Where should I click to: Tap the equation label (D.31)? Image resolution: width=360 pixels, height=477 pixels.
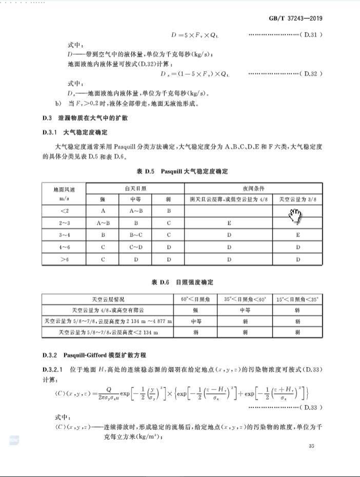[x=310, y=35]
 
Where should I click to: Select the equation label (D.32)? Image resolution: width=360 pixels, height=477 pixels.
[x=310, y=73]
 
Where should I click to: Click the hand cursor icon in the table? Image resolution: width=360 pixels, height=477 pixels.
[x=296, y=216]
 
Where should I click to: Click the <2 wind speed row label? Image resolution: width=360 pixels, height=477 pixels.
[x=64, y=211]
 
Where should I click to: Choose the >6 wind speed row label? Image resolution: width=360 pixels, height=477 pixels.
[x=64, y=260]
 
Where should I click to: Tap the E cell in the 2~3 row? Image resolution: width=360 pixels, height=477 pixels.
[x=229, y=222]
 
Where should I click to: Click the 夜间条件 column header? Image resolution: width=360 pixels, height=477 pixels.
[x=253, y=188]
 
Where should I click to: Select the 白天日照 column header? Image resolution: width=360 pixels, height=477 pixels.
[x=135, y=188]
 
